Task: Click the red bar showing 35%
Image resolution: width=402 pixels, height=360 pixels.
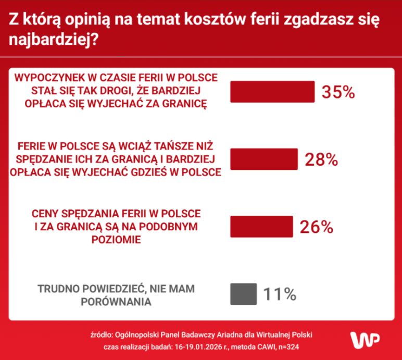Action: click(x=272, y=92)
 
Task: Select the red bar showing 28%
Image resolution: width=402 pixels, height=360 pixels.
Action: click(x=263, y=159)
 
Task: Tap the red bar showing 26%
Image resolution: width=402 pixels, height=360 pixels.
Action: click(x=261, y=227)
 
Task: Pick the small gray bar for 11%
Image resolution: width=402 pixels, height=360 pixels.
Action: click(x=243, y=294)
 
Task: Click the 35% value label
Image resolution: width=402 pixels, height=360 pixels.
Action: click(x=338, y=92)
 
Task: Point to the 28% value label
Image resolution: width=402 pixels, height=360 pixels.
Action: click(x=321, y=160)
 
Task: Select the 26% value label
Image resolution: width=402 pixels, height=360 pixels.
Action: click(x=316, y=227)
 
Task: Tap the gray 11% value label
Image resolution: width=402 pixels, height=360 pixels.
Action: click(x=280, y=294)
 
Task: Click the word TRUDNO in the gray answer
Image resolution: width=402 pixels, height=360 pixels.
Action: click(x=56, y=288)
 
